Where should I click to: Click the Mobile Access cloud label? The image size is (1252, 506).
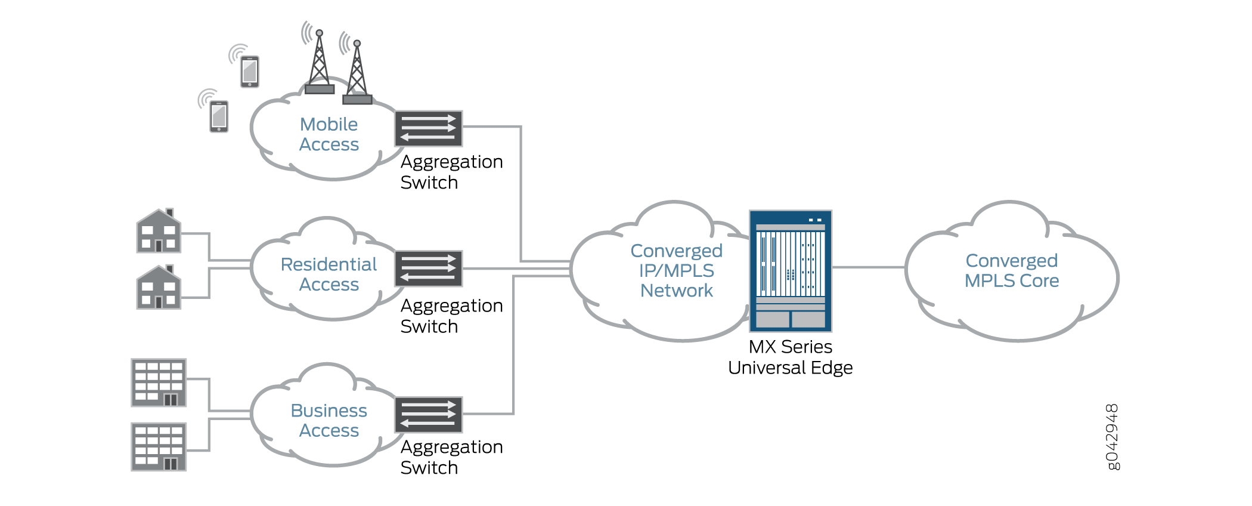329,134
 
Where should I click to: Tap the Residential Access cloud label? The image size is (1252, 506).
329,274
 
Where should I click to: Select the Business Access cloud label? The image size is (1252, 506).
329,420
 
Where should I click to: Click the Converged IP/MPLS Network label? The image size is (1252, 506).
677,270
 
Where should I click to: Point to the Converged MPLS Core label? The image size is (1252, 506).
1012,270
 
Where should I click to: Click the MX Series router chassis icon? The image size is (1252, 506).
791,271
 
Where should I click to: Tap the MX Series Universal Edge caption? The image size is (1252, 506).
791,357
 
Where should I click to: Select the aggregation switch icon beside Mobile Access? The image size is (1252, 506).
429,128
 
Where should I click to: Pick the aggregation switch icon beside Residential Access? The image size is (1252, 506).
429,269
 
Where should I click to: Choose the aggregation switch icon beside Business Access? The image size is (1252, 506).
429,414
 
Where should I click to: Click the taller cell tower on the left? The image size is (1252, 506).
320,63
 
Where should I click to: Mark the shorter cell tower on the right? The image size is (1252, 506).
357,72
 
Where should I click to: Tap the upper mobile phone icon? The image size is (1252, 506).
250,72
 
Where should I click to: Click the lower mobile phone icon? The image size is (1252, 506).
219,116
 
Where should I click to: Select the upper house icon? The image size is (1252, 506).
159,231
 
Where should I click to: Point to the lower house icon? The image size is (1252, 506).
159,288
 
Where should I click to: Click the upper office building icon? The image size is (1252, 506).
159,382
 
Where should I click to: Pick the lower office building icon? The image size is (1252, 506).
159,447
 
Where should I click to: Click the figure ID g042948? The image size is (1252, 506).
1112,437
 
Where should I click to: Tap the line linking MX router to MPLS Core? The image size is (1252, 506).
869,267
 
